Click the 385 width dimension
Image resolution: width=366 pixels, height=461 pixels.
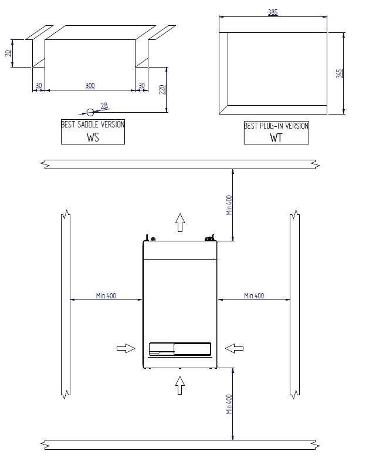click(273, 12)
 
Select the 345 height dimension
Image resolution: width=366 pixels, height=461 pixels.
click(339, 73)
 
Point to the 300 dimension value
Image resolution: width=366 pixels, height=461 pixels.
click(90, 86)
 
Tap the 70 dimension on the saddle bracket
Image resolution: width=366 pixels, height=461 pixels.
click(8, 53)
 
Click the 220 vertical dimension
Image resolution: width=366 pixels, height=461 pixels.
click(162, 89)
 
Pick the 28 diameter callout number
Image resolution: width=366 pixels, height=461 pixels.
click(104, 106)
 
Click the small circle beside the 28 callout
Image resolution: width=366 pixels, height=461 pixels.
click(90, 112)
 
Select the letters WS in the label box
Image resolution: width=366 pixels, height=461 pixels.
click(93, 137)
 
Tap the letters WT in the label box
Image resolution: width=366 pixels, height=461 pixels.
click(276, 138)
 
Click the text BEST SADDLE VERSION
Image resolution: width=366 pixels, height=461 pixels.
click(93, 124)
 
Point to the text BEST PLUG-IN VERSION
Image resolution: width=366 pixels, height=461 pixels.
click(276, 126)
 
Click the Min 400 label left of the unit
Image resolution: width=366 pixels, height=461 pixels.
click(106, 295)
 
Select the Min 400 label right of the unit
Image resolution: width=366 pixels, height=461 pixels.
click(254, 295)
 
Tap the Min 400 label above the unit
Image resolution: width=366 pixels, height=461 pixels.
click(229, 205)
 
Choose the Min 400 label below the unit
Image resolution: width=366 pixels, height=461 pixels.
click(229, 404)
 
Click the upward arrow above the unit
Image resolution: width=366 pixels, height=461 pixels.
click(180, 223)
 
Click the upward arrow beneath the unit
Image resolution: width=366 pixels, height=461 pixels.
click(180, 385)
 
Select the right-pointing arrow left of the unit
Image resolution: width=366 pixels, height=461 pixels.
click(126, 348)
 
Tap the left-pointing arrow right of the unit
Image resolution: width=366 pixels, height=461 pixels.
click(235, 348)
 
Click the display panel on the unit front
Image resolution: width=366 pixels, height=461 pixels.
click(179, 349)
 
